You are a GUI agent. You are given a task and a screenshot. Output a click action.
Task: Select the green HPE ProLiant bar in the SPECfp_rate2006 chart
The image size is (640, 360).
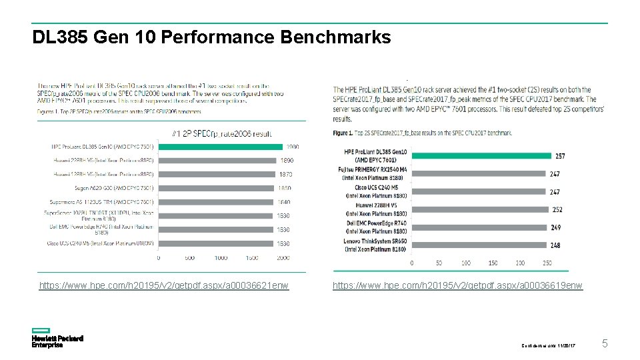pos(216,147)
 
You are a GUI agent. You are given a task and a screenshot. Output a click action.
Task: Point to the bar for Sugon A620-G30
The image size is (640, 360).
pos(216,188)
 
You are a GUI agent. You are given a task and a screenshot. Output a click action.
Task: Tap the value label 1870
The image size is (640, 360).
pos(285,174)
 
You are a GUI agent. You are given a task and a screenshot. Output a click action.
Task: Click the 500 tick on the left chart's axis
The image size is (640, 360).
pos(189,257)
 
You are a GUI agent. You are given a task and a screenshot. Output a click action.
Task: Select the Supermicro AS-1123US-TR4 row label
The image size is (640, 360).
pos(101,202)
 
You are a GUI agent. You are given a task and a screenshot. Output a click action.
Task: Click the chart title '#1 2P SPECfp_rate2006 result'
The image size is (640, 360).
pos(223,133)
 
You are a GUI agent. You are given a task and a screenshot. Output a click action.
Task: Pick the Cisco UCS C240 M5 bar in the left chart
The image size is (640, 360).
pos(216,243)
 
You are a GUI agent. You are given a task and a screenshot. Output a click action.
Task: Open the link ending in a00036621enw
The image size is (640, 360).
pos(164,286)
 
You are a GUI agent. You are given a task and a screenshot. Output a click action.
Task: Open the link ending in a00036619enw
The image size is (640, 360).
pos(457,286)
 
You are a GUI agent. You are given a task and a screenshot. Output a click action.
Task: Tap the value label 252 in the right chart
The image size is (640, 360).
pos(557,209)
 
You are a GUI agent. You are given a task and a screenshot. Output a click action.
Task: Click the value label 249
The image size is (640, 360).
pos(555,227)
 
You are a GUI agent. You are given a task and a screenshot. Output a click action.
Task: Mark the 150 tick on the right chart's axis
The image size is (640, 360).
pos(493,263)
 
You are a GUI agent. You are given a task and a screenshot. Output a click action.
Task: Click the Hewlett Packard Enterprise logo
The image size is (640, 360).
pos(57,338)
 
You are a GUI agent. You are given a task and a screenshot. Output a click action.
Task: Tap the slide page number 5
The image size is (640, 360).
pos(605,344)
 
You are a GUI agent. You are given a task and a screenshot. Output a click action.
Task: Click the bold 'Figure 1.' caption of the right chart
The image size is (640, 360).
pos(343,133)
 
